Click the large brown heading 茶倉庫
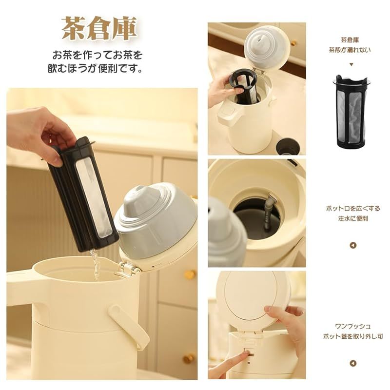click(x=99, y=29)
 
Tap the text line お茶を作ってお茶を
click(x=97, y=55)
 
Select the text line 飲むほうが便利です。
click(x=96, y=68)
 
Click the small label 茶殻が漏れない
click(x=350, y=50)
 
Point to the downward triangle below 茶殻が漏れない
click(x=351, y=64)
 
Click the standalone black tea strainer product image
click(x=351, y=112)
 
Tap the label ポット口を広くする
click(x=353, y=209)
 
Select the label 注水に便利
click(x=352, y=218)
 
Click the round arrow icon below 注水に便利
click(x=353, y=246)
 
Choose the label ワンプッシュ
click(x=353, y=326)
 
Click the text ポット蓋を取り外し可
click(x=353, y=336)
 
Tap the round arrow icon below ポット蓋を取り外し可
click(x=353, y=363)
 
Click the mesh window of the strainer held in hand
click(x=94, y=197)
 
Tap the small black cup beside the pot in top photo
click(x=288, y=147)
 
